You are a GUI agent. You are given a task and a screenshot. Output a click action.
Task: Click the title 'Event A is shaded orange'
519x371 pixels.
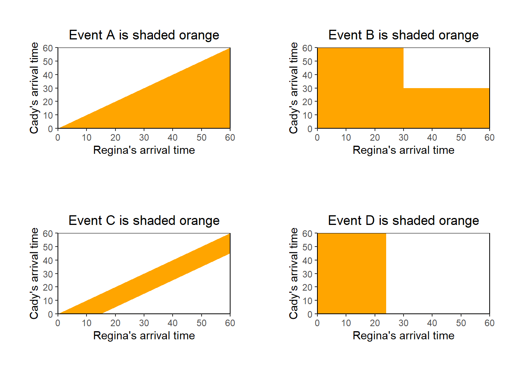(x=144, y=35)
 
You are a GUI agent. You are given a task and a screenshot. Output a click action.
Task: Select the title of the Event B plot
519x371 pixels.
(x=403, y=35)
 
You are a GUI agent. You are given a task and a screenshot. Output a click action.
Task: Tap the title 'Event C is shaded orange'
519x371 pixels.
(x=144, y=221)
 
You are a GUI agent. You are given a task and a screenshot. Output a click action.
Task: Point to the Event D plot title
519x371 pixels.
(x=403, y=221)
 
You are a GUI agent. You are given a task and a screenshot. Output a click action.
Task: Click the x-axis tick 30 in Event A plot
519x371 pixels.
(x=144, y=138)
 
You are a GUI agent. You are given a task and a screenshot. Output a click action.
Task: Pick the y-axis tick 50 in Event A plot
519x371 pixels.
(x=48, y=62)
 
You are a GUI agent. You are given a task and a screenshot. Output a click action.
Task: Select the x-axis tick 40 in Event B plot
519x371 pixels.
(x=432, y=138)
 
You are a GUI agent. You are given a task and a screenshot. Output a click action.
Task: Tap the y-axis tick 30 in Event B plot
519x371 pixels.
(x=307, y=88)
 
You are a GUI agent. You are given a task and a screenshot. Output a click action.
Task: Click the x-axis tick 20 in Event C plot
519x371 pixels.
(x=115, y=323)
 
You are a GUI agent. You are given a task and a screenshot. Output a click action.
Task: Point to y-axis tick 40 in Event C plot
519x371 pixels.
(x=48, y=260)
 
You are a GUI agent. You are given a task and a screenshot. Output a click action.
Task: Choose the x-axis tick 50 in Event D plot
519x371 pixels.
(x=461, y=323)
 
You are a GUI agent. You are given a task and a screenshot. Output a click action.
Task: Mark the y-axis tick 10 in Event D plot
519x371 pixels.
(x=307, y=301)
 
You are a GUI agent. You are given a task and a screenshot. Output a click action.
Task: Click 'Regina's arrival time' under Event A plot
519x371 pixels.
(x=144, y=150)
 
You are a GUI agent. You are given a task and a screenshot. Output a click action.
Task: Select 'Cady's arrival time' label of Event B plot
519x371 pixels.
(x=294, y=88)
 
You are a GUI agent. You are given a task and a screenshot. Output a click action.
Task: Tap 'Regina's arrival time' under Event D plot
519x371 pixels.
(x=403, y=336)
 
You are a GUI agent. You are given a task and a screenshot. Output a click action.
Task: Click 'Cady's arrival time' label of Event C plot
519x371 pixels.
(x=34, y=274)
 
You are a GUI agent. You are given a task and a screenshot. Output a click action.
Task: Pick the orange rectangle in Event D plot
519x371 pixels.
(x=351, y=274)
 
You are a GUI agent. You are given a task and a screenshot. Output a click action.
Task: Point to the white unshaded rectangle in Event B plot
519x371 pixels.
(x=446, y=68)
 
